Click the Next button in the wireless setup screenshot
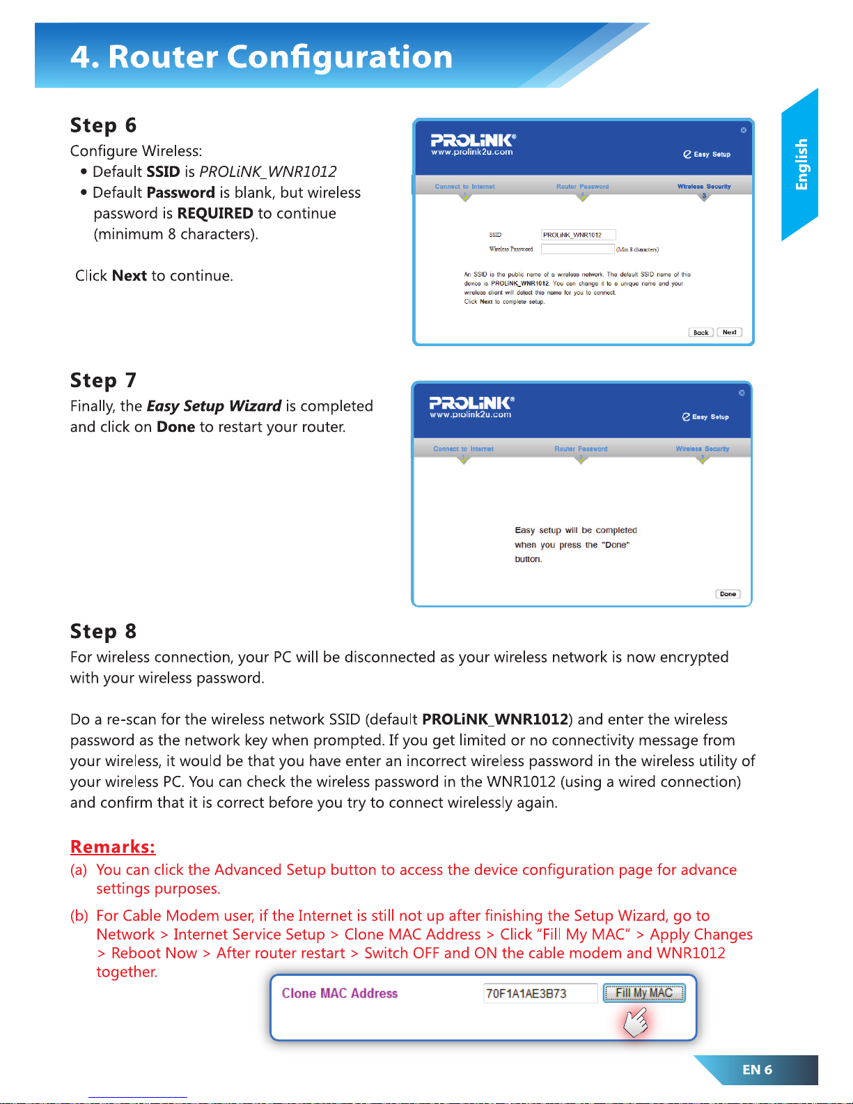[729, 332]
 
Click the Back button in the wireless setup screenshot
[701, 332]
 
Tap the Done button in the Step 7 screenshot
[728, 594]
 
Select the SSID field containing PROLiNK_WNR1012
[578, 235]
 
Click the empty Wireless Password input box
[578, 249]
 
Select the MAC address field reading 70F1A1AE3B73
[540, 993]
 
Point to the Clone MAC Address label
[340, 993]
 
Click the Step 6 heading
[103, 125]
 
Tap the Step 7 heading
[103, 380]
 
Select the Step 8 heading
[103, 632]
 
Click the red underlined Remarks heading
[113, 847]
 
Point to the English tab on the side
[801, 164]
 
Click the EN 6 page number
[757, 1070]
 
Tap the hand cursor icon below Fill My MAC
[635, 1022]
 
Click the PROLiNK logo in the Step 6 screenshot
[473, 143]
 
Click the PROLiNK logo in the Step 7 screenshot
[471, 406]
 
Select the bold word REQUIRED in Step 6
[215, 213]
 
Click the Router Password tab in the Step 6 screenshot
[582, 187]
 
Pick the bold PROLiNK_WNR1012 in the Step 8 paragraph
[495, 720]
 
